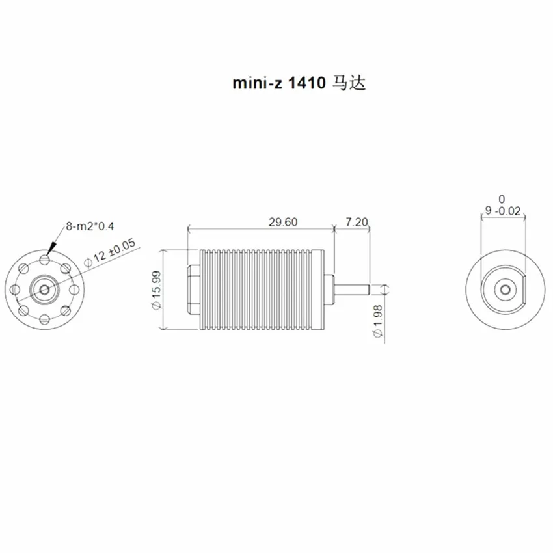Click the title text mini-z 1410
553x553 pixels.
(x=278, y=83)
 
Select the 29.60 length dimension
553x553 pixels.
(x=283, y=223)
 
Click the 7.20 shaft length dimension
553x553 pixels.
(x=357, y=223)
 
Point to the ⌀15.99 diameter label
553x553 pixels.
(x=156, y=290)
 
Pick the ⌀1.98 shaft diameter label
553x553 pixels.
(x=378, y=321)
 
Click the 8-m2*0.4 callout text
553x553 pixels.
(x=90, y=226)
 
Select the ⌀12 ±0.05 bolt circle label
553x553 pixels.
(x=110, y=253)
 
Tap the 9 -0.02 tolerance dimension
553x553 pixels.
(x=503, y=211)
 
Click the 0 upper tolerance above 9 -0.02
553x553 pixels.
(x=502, y=200)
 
